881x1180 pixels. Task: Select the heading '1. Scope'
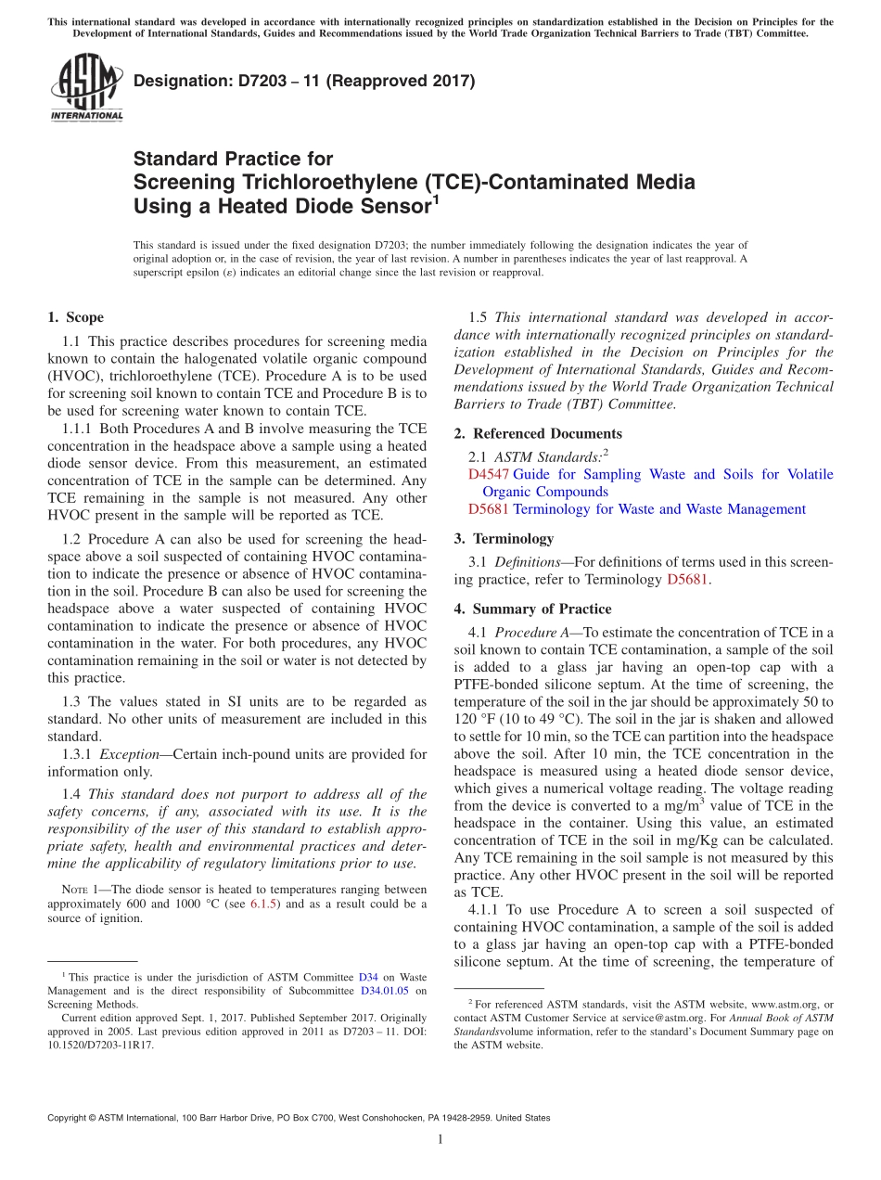pyautogui.click(x=75, y=317)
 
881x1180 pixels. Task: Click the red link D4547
pyautogui.click(x=489, y=474)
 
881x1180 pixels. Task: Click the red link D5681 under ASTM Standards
pyautogui.click(x=489, y=509)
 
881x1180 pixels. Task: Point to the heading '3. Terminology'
pyautogui.click(x=513, y=538)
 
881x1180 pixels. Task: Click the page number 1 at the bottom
pyautogui.click(x=440, y=1139)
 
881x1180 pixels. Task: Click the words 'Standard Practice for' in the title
pyautogui.click(x=233, y=159)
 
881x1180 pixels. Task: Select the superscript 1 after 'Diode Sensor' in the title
pyautogui.click(x=436, y=199)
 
